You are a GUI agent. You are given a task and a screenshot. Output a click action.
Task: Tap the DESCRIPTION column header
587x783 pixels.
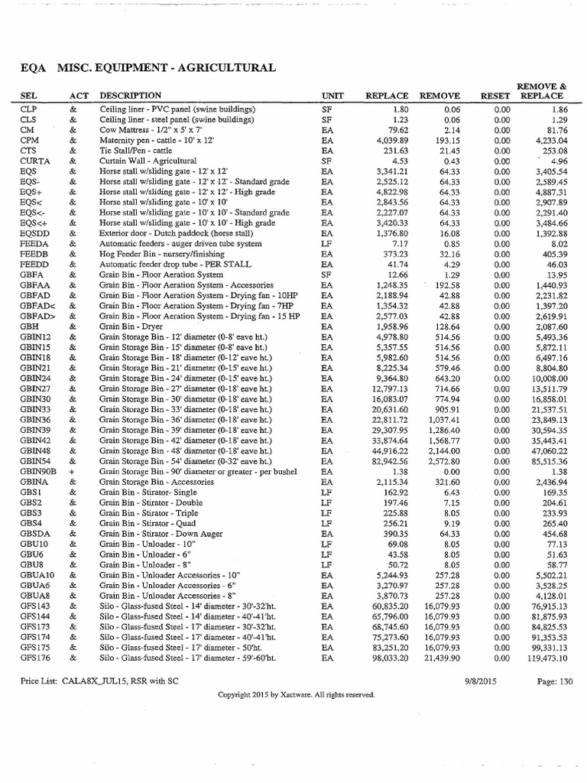coord(131,96)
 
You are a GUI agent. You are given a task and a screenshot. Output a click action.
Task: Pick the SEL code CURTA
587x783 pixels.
coord(34,161)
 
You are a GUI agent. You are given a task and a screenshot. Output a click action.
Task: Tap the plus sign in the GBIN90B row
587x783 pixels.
coord(72,472)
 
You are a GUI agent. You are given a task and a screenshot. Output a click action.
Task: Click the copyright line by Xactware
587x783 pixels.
coord(296,695)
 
